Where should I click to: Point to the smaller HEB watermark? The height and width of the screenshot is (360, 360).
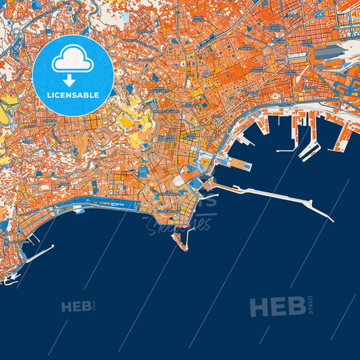coord(76,307)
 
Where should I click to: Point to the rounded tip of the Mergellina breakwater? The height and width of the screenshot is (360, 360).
coord(52,248)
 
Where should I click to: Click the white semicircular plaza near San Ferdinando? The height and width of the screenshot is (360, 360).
coord(178,180)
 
